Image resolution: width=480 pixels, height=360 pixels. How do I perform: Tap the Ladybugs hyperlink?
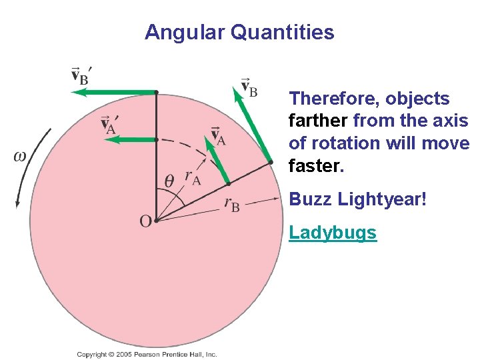pyautogui.click(x=333, y=233)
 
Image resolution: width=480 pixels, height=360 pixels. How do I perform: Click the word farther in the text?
pyautogui.click(x=318, y=121)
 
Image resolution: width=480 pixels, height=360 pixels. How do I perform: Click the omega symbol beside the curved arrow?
pyautogui.click(x=20, y=156)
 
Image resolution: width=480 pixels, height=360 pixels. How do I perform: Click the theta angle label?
pyautogui.click(x=170, y=181)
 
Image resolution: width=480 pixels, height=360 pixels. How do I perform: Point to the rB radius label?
pyautogui.click(x=232, y=204)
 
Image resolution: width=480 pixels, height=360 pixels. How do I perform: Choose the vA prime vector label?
pyautogui.click(x=110, y=123)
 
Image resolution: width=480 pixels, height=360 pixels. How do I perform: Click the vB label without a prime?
pyautogui.click(x=249, y=87)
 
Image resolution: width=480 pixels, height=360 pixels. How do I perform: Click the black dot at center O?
pyautogui.click(x=155, y=219)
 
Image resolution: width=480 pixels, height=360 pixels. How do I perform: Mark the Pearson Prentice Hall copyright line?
pyautogui.click(x=147, y=355)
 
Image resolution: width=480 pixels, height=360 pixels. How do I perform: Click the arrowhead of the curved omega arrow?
pyautogui.click(x=18, y=203)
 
